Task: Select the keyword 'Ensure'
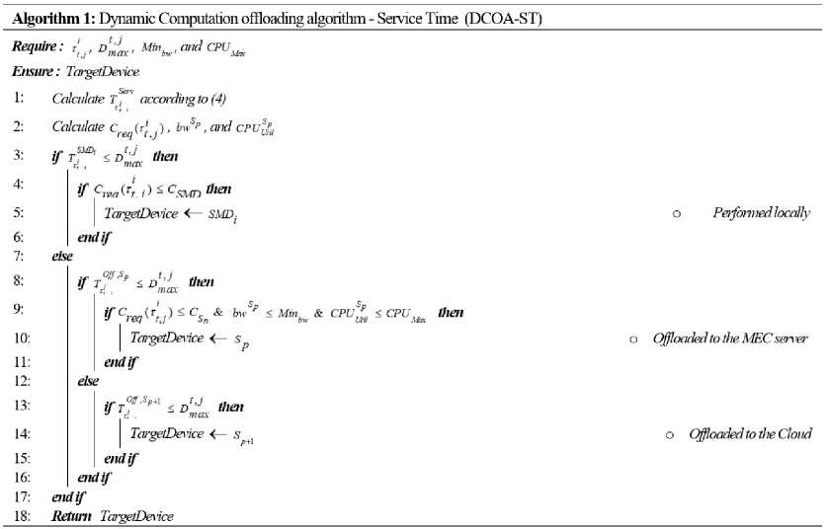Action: pos(34,72)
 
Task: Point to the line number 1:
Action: pos(19,98)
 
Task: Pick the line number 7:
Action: pos(19,257)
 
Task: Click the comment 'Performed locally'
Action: pos(761,212)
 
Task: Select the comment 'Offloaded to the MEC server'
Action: pos(730,339)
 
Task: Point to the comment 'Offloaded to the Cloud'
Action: pos(750,433)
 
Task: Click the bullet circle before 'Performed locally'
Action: pos(676,213)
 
